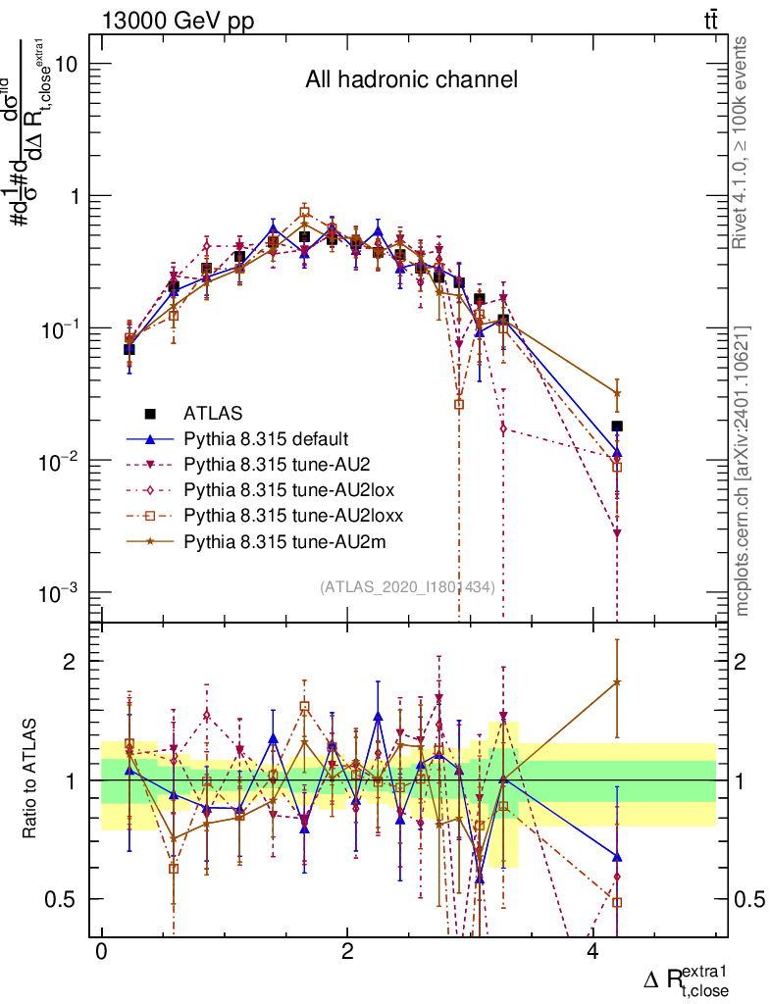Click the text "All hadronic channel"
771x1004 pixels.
410,79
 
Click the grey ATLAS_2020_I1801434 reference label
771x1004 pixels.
406,586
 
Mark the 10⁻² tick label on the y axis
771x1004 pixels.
61,460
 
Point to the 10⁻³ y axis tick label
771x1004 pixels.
61,592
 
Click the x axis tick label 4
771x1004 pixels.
592,953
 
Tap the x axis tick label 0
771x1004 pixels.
101,953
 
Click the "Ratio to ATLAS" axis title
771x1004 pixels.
31,780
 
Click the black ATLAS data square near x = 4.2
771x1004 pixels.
617,427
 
